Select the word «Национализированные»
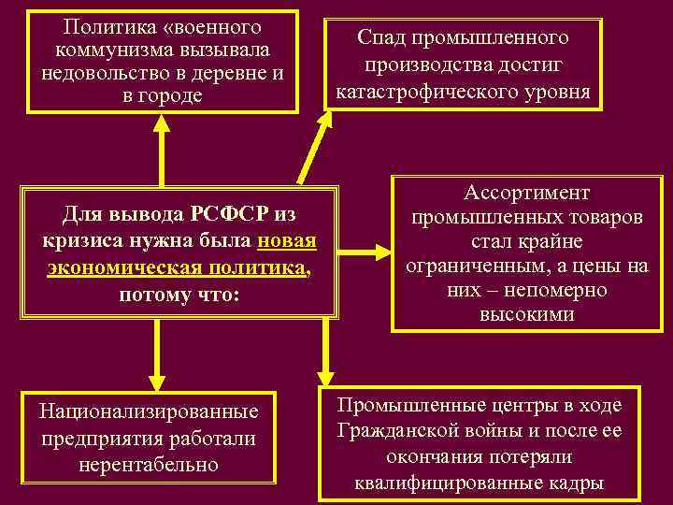(149, 411)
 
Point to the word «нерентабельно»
(150, 464)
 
